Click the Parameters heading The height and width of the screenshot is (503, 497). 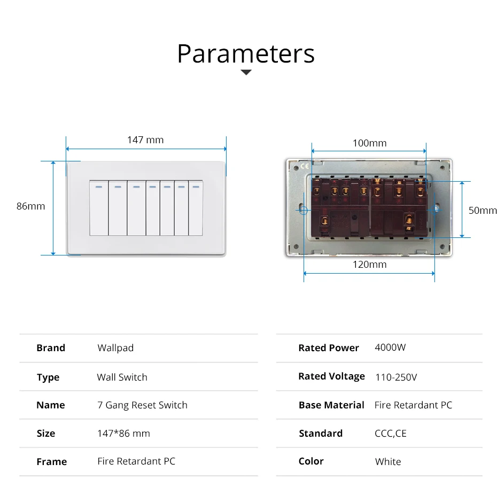point(246,53)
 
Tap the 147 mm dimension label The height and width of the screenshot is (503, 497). point(145,140)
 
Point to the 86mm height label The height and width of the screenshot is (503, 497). point(31,206)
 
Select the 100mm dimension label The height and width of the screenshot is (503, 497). point(369,143)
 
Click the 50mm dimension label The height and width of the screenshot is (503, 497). point(483,210)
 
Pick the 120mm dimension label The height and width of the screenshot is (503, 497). point(369,265)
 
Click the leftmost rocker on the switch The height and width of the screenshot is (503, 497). point(98,208)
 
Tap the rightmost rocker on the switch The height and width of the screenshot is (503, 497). point(196,208)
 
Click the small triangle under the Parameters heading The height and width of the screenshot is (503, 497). point(246,72)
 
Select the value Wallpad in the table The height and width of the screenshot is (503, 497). point(115,348)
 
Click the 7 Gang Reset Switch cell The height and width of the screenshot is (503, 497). point(142,405)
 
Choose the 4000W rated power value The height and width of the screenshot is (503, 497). point(390,347)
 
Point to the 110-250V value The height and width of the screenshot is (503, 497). point(396,377)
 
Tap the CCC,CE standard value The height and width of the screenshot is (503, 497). point(391,434)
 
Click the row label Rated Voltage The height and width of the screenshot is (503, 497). point(331,376)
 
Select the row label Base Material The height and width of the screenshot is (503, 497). point(331,405)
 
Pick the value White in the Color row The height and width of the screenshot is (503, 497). point(388,462)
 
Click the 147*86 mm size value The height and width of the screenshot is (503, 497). point(123,434)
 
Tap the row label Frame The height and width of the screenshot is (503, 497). point(52,462)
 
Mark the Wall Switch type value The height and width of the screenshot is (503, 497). point(122,377)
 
